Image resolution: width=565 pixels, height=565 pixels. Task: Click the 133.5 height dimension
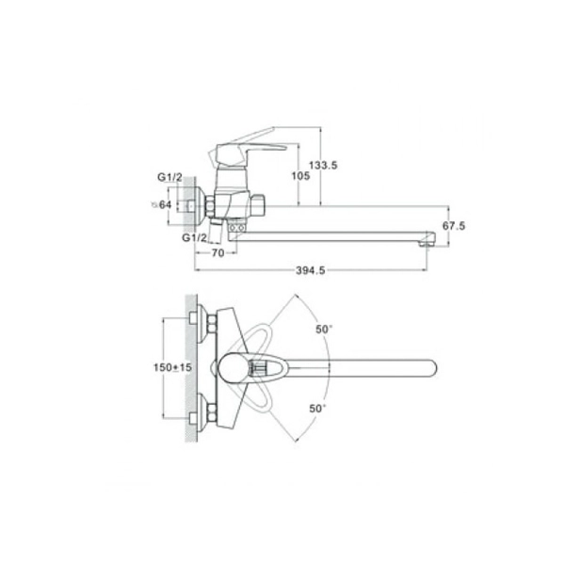click(323, 166)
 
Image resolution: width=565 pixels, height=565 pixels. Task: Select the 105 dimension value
click(300, 176)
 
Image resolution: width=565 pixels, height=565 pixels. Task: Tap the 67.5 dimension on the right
click(454, 226)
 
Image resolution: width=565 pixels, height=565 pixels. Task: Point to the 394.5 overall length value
click(310, 270)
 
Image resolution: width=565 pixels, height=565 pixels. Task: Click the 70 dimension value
click(218, 253)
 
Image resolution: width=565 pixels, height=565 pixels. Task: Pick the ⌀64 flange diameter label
click(161, 205)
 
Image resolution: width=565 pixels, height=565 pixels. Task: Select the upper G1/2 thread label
click(169, 177)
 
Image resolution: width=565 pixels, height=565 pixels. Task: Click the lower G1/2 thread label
click(194, 238)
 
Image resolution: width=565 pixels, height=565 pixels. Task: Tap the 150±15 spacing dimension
click(172, 367)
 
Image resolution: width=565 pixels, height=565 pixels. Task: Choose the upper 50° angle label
click(324, 329)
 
